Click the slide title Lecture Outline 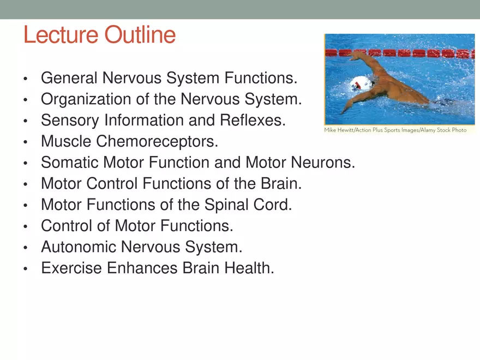click(x=99, y=35)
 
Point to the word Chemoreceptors click(x=157, y=142)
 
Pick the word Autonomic click(x=79, y=248)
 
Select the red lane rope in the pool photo click(x=415, y=53)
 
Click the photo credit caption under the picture click(x=395, y=131)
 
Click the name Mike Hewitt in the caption click(x=339, y=131)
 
